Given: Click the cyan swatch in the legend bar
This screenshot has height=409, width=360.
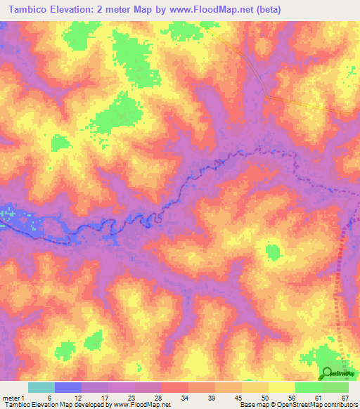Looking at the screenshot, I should (41, 387).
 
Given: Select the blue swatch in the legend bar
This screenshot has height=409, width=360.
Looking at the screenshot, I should (68, 387).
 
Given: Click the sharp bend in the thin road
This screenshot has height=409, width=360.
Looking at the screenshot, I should (267, 96).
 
